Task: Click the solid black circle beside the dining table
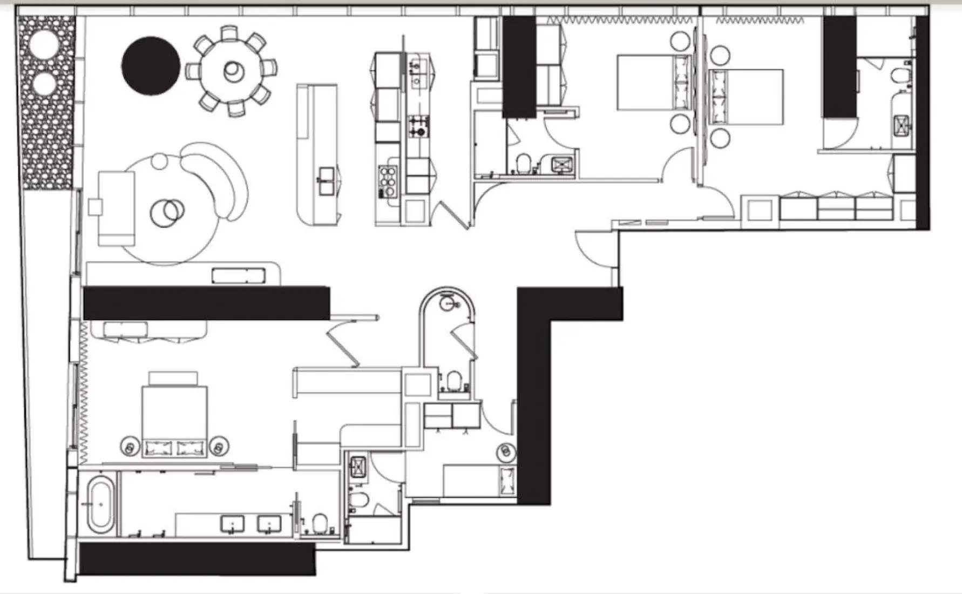click(x=151, y=66)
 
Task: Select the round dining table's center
click(x=233, y=71)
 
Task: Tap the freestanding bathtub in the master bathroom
click(x=100, y=503)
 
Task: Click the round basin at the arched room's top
click(x=448, y=302)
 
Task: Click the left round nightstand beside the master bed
click(x=130, y=446)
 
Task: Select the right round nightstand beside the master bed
click(x=219, y=446)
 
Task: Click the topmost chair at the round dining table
click(x=229, y=33)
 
